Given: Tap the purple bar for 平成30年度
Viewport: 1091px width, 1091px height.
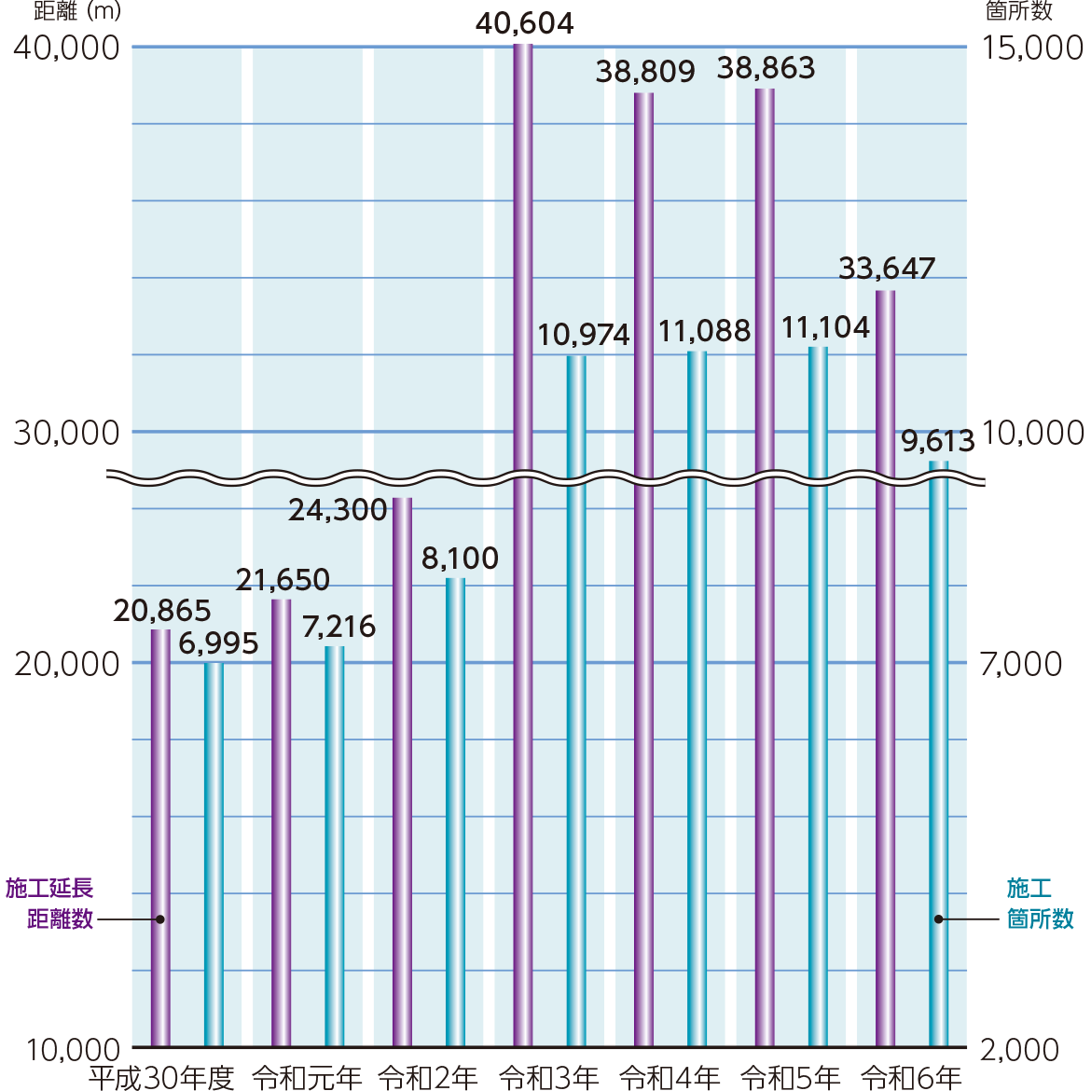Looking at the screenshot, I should point(160,839).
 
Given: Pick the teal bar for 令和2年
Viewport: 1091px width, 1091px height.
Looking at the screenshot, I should point(455,811).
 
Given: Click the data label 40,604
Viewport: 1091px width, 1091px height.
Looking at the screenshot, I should point(524,22).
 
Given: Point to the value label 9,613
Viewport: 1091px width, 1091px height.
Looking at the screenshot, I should point(937,440).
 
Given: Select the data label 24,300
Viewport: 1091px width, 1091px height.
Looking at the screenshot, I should point(338,510).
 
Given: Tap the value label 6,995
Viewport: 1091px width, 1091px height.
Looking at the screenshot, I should point(218,643).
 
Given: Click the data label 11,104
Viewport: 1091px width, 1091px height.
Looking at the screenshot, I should point(825,327).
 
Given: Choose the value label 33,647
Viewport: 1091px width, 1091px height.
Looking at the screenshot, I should point(886,269).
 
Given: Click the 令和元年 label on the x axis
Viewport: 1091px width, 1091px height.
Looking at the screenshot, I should point(307,1078).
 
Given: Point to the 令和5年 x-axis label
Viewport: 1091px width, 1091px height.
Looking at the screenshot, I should point(790,1078).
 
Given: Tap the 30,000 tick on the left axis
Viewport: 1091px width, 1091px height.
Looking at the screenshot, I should point(67,433).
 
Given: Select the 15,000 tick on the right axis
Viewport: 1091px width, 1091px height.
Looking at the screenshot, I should point(1033,48).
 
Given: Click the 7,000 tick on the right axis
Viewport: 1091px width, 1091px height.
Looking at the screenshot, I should point(1021,664).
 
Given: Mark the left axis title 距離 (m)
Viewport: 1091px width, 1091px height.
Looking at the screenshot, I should point(76,11).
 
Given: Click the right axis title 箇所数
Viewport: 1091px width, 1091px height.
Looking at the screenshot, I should point(1019,11).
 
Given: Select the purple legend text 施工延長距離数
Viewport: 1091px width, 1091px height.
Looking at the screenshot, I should point(50,903).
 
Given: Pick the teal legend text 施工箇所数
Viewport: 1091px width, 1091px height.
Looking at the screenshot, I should point(1040,903).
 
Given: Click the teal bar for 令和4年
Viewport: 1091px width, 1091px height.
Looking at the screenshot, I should point(697,699).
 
